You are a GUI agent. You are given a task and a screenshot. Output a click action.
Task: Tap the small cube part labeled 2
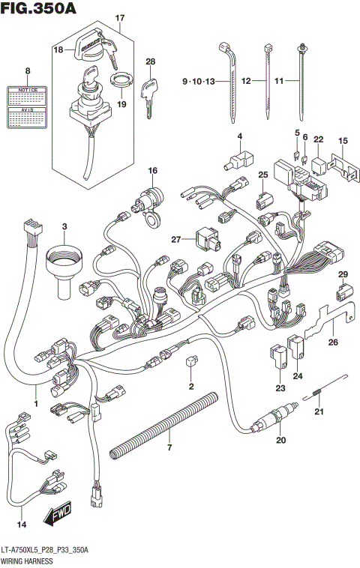tap(190, 363)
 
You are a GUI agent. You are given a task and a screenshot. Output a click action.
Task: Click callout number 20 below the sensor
tap(281, 440)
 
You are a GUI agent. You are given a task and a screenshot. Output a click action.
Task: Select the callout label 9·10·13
tap(198, 80)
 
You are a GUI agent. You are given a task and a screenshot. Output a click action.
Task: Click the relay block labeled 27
tap(205, 240)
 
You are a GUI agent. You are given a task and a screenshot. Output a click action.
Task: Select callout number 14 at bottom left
tap(22, 524)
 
